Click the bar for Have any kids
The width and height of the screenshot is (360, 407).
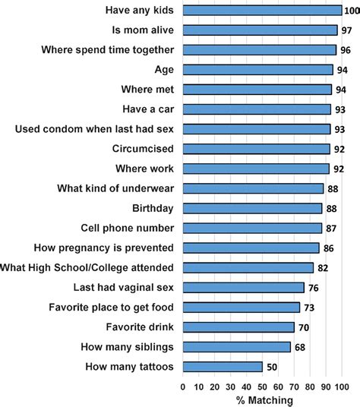click(x=262, y=11)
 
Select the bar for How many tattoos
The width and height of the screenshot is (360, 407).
click(x=223, y=367)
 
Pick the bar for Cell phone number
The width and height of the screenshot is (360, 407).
click(x=252, y=228)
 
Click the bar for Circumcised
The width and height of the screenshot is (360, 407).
click(x=256, y=149)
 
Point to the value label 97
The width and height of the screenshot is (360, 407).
click(x=346, y=30)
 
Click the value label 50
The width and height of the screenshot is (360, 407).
click(x=272, y=367)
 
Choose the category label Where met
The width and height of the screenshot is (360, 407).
click(x=149, y=90)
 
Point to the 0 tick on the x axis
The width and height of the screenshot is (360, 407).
click(x=183, y=385)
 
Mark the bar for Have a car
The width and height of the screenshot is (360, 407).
click(x=257, y=109)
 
